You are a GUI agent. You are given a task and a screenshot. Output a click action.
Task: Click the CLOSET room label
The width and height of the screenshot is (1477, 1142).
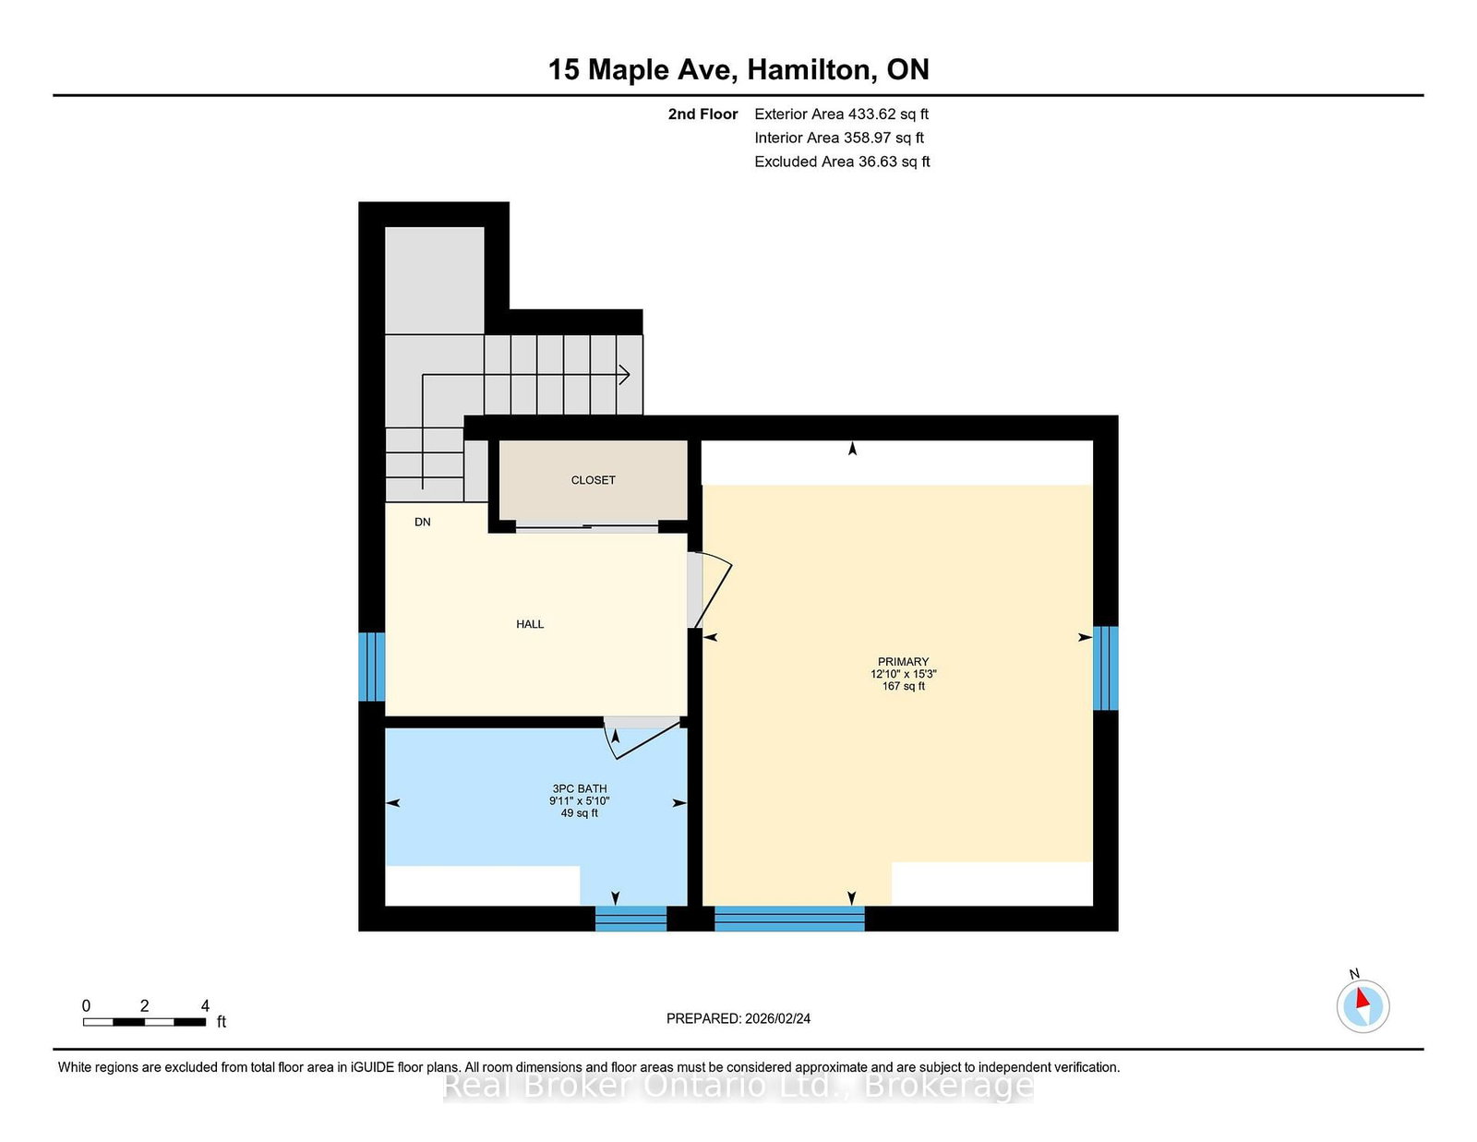click(593, 480)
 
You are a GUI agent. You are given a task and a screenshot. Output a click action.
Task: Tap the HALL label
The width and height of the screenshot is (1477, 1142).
click(530, 624)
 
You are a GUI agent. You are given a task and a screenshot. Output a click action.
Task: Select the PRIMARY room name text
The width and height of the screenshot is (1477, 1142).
click(903, 661)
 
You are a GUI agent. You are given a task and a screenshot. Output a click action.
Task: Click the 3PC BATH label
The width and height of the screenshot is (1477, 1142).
click(580, 788)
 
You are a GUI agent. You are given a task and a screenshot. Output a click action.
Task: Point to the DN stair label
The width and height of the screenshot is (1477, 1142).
click(423, 522)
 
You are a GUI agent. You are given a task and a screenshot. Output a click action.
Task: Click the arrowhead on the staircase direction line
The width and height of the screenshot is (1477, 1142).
click(625, 375)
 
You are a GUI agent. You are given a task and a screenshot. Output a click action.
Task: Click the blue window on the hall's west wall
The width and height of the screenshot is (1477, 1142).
click(371, 667)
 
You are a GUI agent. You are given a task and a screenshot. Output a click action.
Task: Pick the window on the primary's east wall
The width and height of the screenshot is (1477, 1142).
click(1105, 667)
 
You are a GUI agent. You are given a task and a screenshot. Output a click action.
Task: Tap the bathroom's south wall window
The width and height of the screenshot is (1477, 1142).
click(630, 919)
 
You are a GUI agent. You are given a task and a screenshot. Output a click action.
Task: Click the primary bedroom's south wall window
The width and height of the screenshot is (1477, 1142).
click(789, 919)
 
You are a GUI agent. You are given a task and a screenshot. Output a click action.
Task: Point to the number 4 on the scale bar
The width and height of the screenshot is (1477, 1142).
click(205, 1005)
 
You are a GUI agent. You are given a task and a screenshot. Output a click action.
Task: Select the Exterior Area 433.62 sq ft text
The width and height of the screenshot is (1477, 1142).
click(841, 114)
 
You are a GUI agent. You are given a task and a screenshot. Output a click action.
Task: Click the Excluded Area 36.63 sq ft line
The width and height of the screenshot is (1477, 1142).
click(842, 162)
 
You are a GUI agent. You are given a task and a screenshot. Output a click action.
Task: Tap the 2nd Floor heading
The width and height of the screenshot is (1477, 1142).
click(702, 114)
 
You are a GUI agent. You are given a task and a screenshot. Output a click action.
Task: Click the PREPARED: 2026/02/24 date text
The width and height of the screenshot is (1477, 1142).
click(738, 1018)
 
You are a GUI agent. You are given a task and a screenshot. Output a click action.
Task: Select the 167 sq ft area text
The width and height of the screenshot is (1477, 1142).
click(903, 686)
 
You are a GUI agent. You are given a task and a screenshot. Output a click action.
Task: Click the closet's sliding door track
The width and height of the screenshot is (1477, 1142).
click(587, 529)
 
